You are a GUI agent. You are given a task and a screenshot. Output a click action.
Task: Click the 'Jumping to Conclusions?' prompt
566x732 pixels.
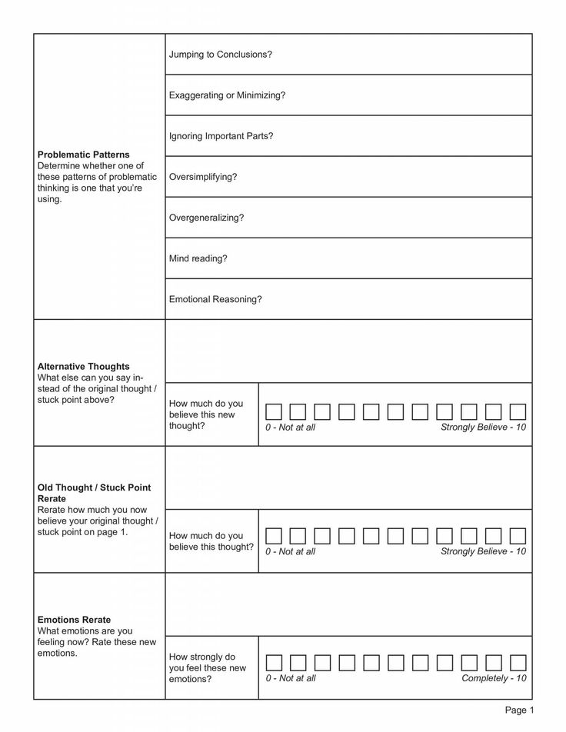(x=221, y=55)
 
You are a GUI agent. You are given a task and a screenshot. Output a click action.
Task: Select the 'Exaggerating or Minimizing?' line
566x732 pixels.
(x=227, y=95)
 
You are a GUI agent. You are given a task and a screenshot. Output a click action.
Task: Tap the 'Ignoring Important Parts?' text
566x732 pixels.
(x=221, y=136)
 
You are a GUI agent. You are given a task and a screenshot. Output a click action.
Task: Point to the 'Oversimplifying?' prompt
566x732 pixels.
(x=203, y=177)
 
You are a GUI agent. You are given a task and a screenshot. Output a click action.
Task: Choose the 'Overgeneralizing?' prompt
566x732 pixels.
(x=206, y=218)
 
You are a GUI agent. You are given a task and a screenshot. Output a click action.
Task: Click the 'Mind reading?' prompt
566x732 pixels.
(x=198, y=258)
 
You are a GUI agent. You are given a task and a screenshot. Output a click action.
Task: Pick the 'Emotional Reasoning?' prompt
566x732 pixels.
(x=215, y=299)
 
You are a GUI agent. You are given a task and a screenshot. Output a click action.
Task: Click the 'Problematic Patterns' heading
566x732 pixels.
(x=83, y=155)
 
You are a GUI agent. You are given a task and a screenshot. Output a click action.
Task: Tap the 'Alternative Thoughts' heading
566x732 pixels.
(x=83, y=367)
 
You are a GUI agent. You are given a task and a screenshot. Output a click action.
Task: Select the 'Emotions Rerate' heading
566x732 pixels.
(x=74, y=620)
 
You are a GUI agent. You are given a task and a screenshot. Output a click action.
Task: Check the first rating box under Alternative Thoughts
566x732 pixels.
(x=274, y=411)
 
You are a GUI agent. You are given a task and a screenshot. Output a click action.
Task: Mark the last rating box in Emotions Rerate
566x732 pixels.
(x=518, y=663)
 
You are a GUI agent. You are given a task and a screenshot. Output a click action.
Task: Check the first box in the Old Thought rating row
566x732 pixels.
(x=274, y=536)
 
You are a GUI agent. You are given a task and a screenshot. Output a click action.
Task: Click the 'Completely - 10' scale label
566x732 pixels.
(x=494, y=678)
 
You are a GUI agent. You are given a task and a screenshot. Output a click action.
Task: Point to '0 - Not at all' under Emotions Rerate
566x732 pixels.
(x=291, y=678)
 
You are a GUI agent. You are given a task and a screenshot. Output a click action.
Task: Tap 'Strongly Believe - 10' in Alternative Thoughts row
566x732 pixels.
(x=483, y=427)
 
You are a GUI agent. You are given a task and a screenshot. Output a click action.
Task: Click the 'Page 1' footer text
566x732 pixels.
(x=519, y=710)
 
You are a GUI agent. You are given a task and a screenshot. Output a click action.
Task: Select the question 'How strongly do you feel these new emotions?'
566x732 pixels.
(x=207, y=667)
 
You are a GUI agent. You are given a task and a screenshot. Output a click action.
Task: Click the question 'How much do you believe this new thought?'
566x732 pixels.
(x=205, y=414)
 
